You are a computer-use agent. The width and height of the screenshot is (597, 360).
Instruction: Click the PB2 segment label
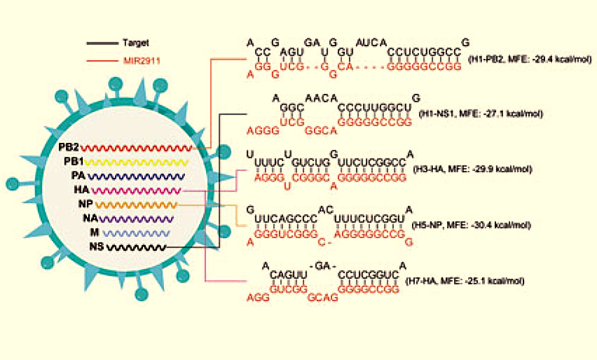tap(69, 147)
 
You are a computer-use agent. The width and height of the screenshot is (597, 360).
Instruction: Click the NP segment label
tap(86, 204)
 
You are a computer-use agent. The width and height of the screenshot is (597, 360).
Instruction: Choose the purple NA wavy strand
tap(136, 218)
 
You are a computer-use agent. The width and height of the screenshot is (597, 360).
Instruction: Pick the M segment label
tap(94, 232)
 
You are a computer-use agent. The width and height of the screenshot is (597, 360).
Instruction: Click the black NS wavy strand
tap(136, 247)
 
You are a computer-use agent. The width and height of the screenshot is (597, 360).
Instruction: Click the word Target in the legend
tap(135, 43)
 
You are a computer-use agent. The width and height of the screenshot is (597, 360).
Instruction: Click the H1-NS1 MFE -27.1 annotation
tap(480, 114)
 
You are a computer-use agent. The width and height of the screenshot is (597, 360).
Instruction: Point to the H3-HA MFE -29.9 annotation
tap(472, 168)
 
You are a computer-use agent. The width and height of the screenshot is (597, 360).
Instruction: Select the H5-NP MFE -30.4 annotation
tap(471, 225)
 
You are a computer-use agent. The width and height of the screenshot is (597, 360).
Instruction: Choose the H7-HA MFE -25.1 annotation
tap(465, 281)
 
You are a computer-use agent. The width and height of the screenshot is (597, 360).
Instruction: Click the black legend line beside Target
tap(102, 43)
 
